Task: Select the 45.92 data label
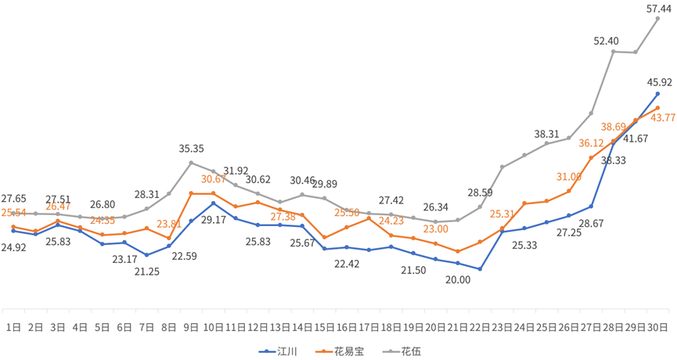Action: point(660,81)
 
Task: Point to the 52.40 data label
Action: point(607,41)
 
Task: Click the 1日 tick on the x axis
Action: point(13,326)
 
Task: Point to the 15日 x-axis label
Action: point(324,326)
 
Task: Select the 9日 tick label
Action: point(190,326)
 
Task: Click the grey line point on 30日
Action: point(657,18)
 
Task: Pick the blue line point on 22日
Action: point(479,268)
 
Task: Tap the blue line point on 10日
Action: point(214,203)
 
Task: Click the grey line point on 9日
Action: point(191,163)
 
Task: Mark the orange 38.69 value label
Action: point(614,126)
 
